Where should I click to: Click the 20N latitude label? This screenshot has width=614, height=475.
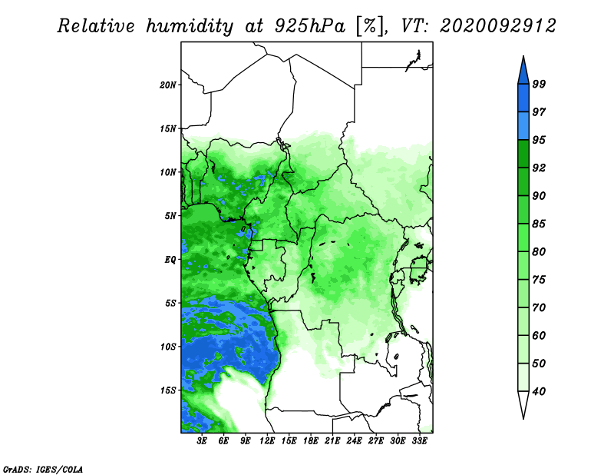click(168, 85)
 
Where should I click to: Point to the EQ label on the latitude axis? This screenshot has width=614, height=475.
click(170, 260)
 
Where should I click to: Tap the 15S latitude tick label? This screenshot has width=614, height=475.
click(168, 390)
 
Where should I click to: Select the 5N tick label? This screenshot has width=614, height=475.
click(170, 216)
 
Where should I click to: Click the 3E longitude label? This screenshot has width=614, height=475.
click(202, 441)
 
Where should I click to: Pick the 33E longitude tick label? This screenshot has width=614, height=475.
click(419, 441)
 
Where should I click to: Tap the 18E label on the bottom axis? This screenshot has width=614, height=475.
click(311, 441)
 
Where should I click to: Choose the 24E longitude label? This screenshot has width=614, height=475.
click(354, 441)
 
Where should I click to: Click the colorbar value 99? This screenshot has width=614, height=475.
click(539, 84)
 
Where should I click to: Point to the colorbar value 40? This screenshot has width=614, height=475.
click(539, 391)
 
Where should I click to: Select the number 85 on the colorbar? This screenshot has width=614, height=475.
click(539, 224)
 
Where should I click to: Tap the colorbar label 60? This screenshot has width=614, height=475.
click(539, 335)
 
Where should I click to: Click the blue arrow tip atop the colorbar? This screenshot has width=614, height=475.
click(523, 56)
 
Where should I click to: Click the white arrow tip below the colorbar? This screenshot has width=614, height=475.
click(523, 418)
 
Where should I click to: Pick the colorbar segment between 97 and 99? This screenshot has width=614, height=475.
click(523, 98)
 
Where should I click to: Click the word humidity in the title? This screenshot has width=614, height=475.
click(190, 26)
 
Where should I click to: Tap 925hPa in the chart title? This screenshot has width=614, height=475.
click(310, 26)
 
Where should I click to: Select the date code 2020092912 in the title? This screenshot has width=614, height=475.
click(497, 26)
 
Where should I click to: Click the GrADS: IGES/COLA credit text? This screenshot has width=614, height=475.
click(43, 469)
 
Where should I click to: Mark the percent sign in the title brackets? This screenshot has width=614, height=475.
click(370, 26)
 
